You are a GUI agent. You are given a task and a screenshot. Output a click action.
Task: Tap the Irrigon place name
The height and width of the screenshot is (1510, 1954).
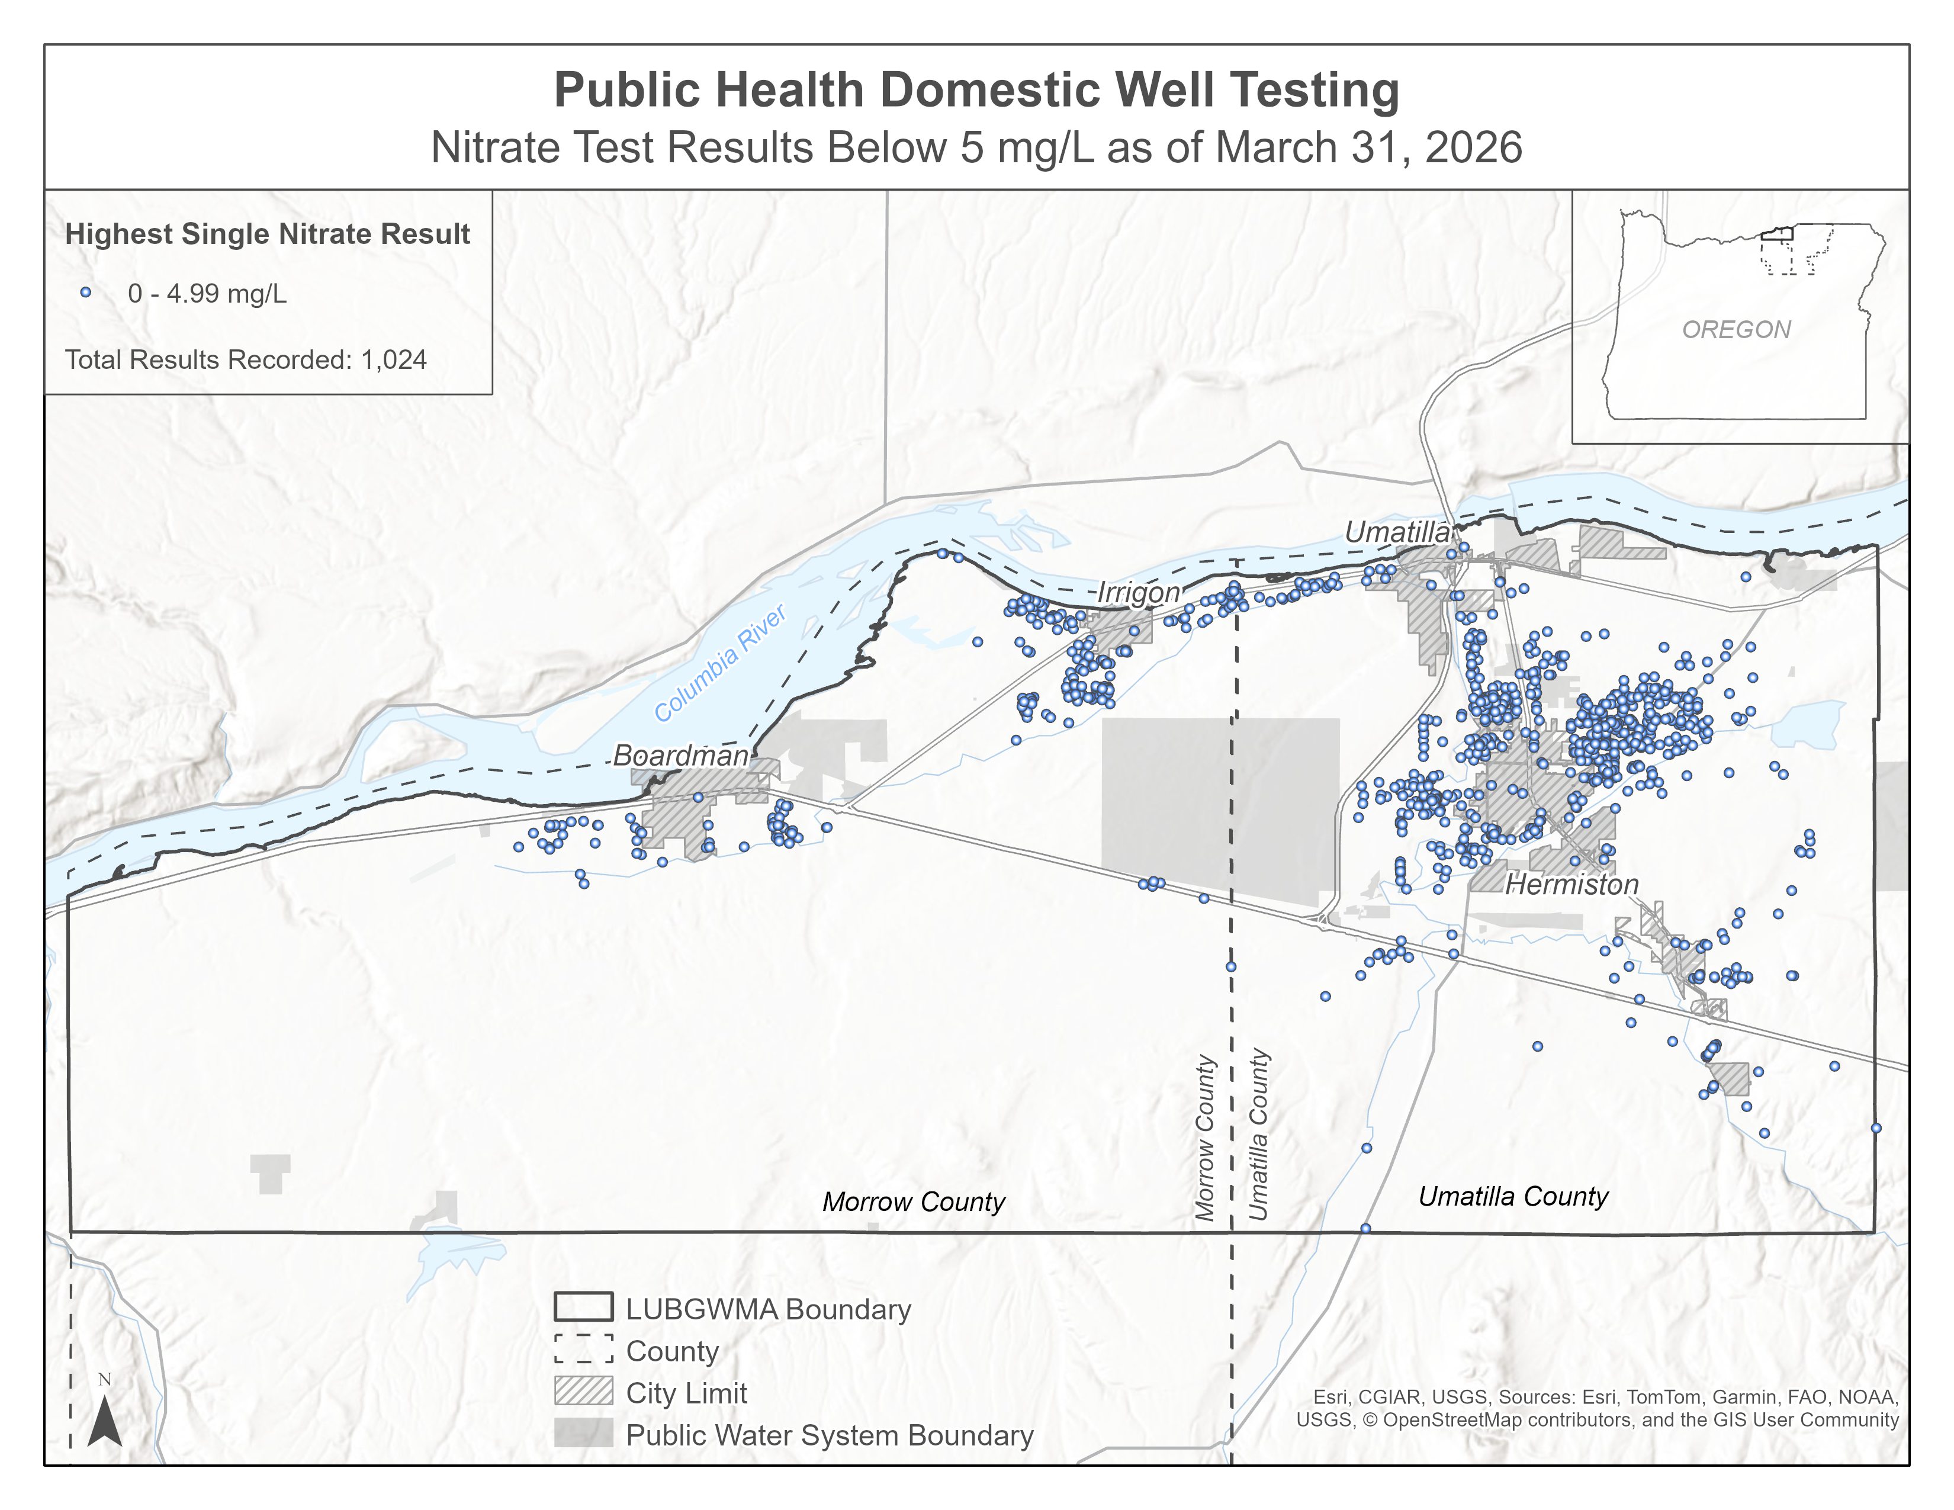(1138, 592)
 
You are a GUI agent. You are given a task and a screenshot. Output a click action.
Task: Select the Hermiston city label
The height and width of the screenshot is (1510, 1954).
(1572, 885)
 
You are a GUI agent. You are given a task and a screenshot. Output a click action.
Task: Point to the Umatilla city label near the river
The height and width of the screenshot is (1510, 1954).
(1397, 532)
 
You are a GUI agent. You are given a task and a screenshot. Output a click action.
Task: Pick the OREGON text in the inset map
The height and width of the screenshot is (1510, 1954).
(1736, 330)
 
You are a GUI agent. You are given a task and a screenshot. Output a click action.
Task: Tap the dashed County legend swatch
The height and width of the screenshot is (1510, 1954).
(583, 1349)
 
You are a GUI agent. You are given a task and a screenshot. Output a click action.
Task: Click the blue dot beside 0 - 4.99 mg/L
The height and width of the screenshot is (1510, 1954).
(86, 293)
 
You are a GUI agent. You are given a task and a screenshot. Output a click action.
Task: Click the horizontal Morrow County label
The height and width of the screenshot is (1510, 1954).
(914, 1201)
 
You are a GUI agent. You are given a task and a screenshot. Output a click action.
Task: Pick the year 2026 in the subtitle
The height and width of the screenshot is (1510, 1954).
(1474, 147)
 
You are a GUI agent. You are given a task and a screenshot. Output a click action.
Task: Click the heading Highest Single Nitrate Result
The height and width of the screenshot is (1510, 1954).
(268, 234)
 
